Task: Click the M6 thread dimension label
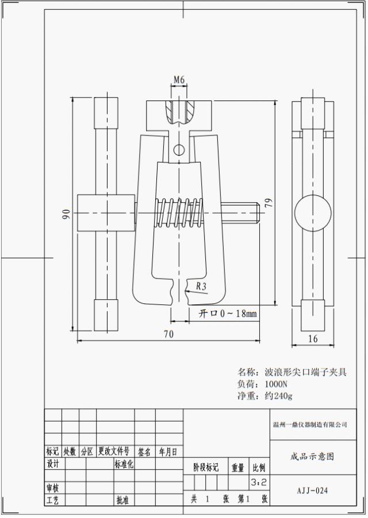tap(179, 80)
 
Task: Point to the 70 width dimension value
tap(168, 334)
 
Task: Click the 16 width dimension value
tap(313, 339)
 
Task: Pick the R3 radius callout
tap(202, 285)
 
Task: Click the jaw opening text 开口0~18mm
tap(228, 314)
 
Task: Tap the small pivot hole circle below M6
tap(179, 150)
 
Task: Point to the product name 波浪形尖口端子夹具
tap(305, 372)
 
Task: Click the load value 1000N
tap(276, 384)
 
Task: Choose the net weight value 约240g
tap(279, 396)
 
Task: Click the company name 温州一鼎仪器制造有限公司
tap(310, 425)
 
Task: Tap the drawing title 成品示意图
tap(312, 457)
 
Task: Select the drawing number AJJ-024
tap(312, 490)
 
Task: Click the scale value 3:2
tap(258, 482)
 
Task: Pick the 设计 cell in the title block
tap(53, 463)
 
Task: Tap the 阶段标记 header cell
tap(205, 468)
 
